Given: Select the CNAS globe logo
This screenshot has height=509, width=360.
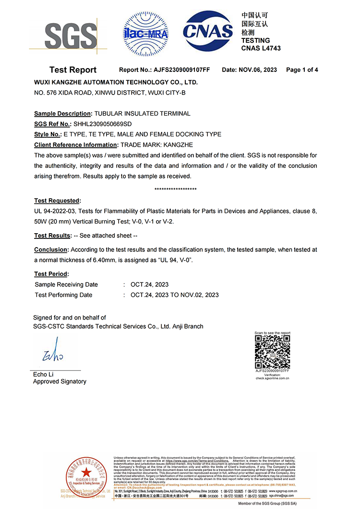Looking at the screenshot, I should click(208, 31).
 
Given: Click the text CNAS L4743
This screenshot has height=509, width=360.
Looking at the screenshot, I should click(261, 48).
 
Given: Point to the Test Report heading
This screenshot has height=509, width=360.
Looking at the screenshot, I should click(73, 70).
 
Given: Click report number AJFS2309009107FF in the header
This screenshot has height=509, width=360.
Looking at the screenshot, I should click(181, 70).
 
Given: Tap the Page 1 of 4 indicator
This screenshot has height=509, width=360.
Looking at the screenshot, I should click(302, 70).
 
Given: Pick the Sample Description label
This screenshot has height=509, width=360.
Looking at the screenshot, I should click(62, 114).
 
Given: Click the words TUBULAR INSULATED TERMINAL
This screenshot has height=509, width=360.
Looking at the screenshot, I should click(142, 114).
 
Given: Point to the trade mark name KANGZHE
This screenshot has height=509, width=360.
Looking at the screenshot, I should click(180, 144).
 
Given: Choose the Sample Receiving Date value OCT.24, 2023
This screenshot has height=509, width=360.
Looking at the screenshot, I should click(150, 284).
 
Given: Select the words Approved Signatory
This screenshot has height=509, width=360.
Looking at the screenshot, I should click(60, 381).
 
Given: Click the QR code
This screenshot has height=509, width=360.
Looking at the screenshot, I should click(272, 352).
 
